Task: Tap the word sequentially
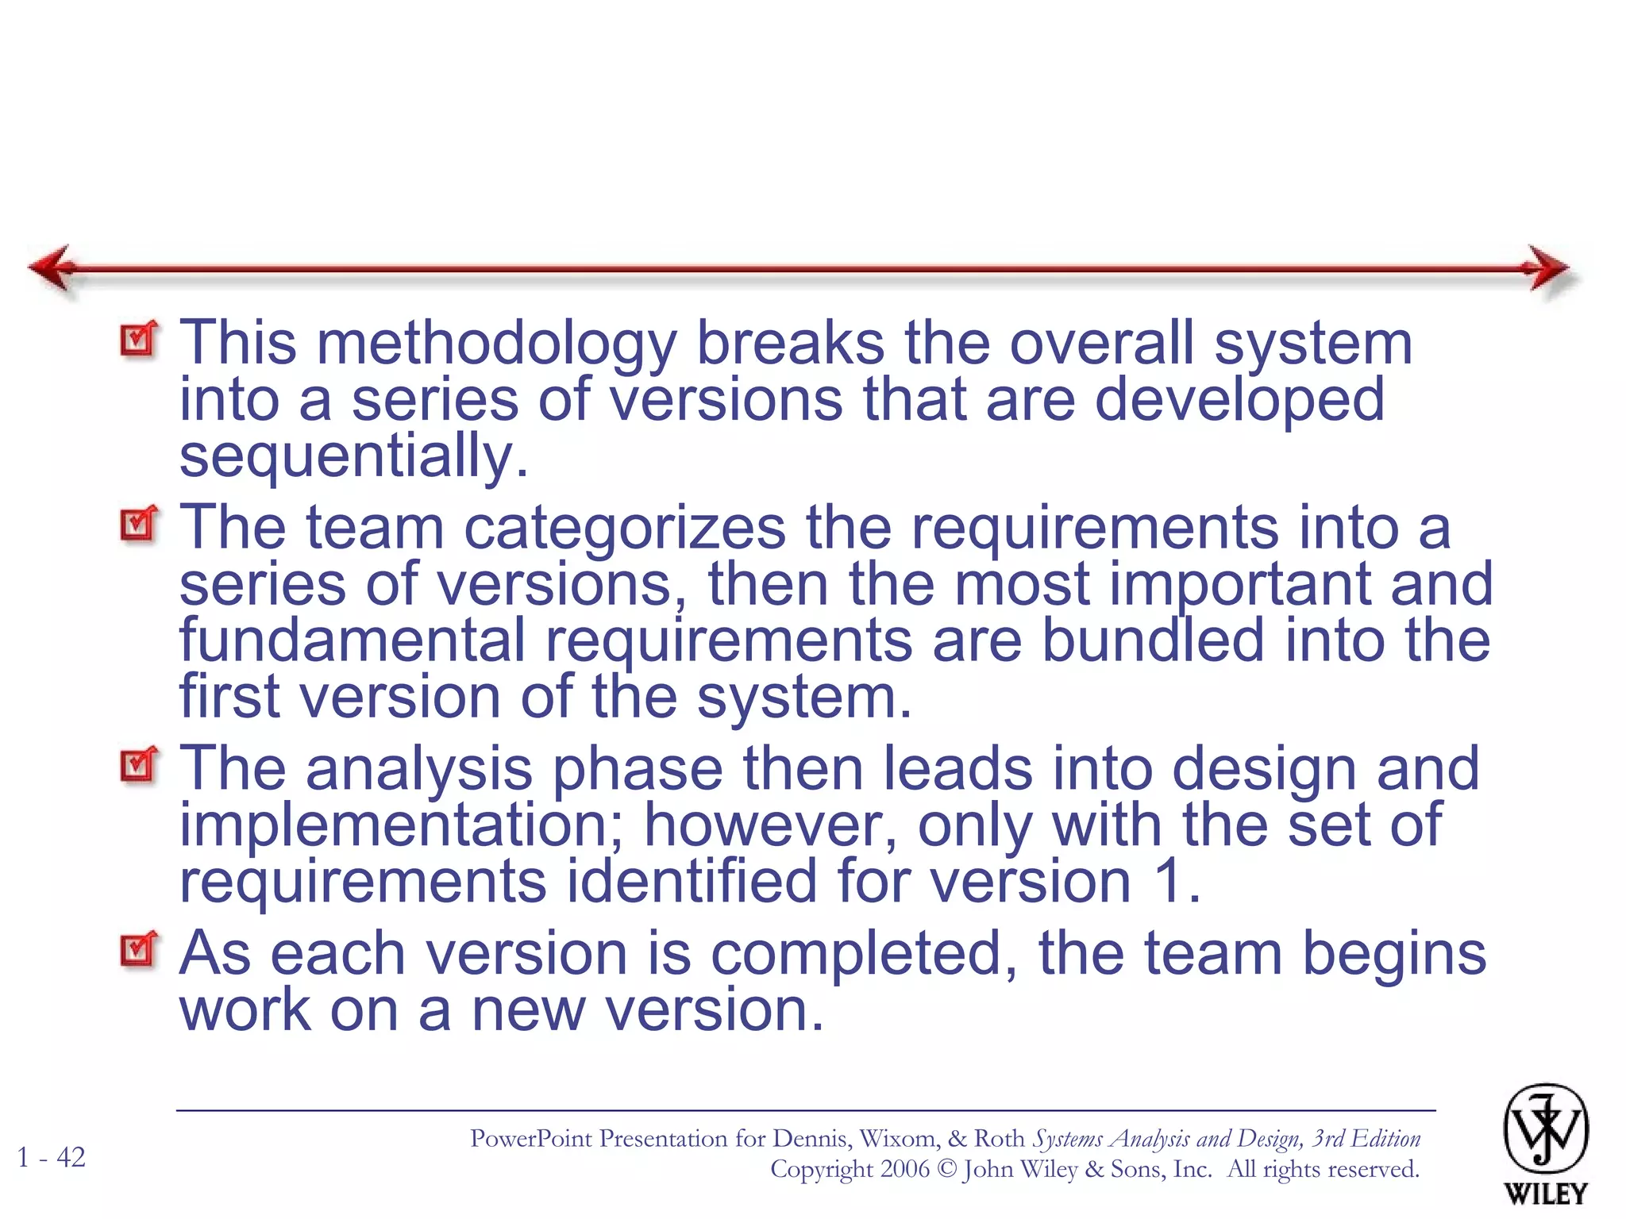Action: tap(353, 457)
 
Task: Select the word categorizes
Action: tap(624, 528)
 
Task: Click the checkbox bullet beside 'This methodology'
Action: tap(139, 340)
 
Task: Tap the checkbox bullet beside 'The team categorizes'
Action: tap(139, 524)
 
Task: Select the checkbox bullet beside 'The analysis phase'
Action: tap(139, 764)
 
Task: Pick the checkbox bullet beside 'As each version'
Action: tap(139, 949)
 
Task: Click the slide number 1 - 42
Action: tap(52, 1157)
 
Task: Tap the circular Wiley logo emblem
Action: tap(1545, 1129)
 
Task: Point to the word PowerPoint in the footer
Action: tap(530, 1139)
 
